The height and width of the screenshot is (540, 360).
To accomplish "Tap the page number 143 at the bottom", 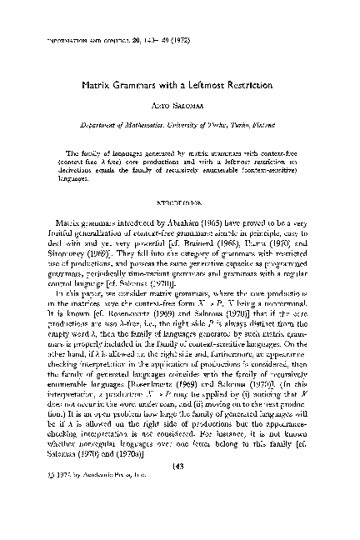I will pyautogui.click(x=181, y=516).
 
